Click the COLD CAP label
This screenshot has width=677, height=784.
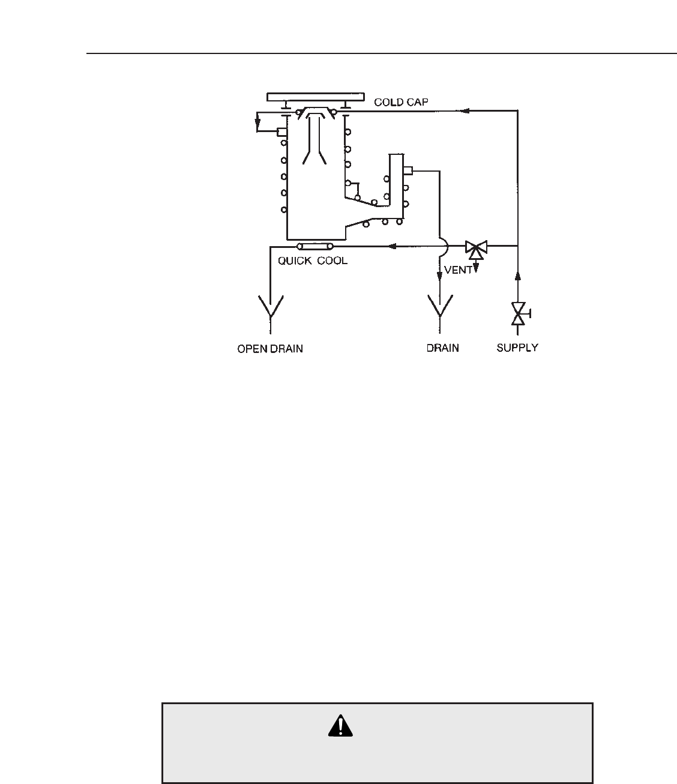coord(401,102)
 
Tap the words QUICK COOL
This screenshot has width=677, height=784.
coord(312,261)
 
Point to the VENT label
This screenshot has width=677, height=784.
coord(458,270)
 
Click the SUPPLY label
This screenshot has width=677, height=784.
coord(517,348)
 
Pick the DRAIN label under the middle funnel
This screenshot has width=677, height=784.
coord(443,348)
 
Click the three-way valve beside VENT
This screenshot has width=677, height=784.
coord(477,247)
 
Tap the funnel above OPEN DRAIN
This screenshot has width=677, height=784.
coord(271,308)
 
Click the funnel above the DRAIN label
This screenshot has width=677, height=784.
coord(441,307)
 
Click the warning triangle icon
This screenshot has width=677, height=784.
coord(341,726)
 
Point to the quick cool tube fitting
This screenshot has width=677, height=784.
coord(315,246)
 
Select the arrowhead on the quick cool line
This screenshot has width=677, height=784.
coord(393,246)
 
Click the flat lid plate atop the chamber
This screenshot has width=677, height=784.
coord(316,97)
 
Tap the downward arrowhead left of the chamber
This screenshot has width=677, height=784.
coord(257,126)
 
